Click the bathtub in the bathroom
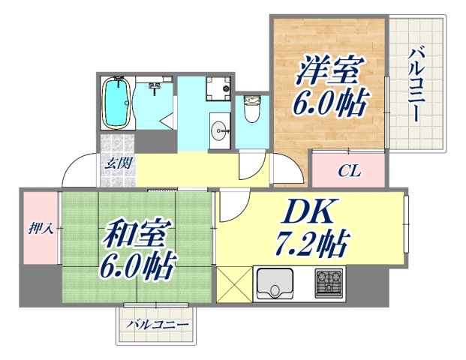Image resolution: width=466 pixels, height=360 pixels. [117, 105]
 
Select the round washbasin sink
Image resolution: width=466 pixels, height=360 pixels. [221, 132]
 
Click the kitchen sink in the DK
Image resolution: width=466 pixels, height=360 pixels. [276, 283]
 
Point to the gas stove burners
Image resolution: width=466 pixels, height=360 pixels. [329, 283]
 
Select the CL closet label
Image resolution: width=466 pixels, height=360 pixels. [349, 171]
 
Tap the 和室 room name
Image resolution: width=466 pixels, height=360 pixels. [131, 234]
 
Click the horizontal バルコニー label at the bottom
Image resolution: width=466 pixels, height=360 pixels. [156, 325]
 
